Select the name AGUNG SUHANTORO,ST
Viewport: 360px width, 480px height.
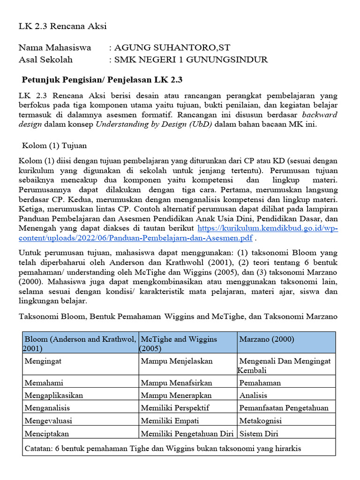172,48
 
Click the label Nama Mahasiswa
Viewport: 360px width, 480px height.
55,48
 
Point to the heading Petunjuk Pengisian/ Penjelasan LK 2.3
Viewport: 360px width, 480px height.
105,79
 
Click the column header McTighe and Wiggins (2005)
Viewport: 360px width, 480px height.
179,344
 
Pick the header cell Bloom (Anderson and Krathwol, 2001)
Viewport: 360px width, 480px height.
80,344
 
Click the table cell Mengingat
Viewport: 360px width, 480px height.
43,361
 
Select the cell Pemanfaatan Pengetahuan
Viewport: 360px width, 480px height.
284,408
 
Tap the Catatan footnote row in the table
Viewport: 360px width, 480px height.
162,449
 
